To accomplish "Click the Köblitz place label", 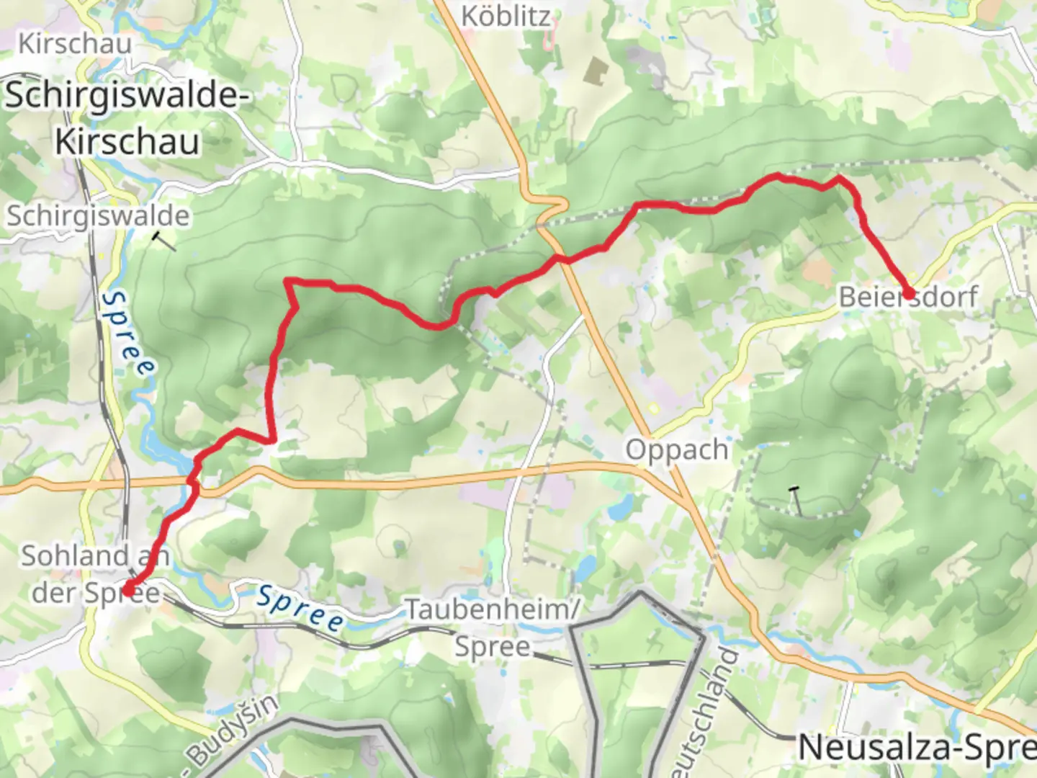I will pyautogui.click(x=506, y=16).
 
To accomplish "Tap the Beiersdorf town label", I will pyautogui.click(x=907, y=297).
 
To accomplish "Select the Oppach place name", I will pyautogui.click(x=676, y=450).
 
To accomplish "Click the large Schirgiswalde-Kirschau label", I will pyautogui.click(x=127, y=119).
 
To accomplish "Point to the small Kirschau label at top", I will pyautogui.click(x=75, y=43).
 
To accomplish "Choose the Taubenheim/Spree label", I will pyautogui.click(x=493, y=627).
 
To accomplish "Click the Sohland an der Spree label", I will pyautogui.click(x=95, y=574).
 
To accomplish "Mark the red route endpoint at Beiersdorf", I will pyautogui.click(x=909, y=293).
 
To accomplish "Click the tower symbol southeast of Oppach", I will pyautogui.click(x=795, y=500).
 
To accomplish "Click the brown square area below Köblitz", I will pyautogui.click(x=596, y=71).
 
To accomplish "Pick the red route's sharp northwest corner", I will pyautogui.click(x=288, y=281).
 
